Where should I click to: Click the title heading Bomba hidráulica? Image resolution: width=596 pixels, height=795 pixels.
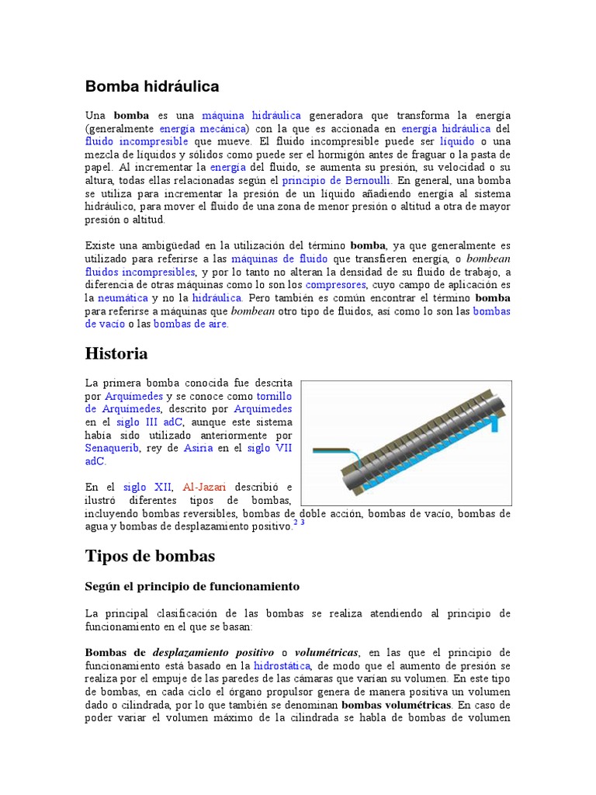[x=152, y=86]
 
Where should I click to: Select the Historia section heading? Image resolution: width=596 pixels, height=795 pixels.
[x=116, y=354]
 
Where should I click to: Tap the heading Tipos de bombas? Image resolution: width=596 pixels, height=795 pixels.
[x=149, y=556]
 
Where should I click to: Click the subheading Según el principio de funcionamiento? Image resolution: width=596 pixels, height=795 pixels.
[x=192, y=585]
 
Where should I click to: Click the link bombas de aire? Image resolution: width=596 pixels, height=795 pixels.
[x=191, y=325]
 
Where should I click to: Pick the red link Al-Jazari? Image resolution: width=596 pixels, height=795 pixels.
[x=204, y=488]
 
